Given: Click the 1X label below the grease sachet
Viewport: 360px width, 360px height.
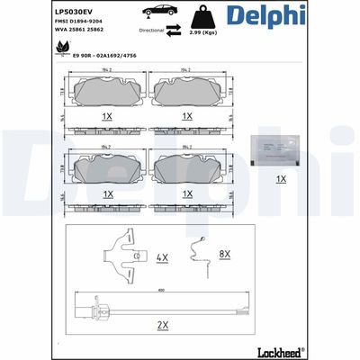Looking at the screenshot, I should click(281, 179).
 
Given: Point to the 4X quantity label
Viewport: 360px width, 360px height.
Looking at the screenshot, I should click(162, 256).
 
